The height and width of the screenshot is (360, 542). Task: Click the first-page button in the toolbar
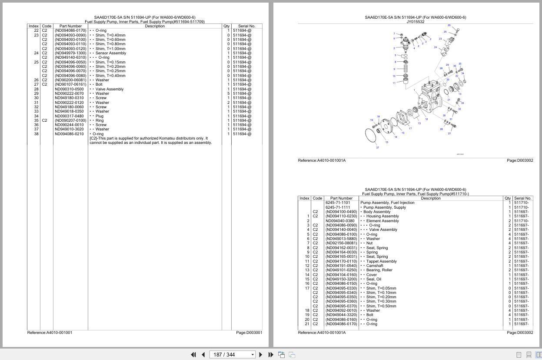pos(193,355)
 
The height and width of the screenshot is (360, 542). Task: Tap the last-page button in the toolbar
pos(271,355)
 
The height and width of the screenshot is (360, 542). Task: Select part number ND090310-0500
pos(69,89)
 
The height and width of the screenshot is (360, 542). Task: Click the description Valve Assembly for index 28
pos(109,89)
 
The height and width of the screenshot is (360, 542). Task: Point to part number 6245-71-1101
pos(338,203)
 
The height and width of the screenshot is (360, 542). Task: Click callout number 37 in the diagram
pos(377,147)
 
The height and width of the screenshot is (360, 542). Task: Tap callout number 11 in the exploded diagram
pos(394,83)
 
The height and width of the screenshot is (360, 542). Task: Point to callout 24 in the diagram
pos(435,47)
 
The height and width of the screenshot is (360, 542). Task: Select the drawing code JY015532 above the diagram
pos(415,22)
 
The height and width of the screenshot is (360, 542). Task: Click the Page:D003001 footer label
pos(249,333)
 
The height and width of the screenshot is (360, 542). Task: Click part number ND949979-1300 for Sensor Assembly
pos(70,53)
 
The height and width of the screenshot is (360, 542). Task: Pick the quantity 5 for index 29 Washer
pos(228,93)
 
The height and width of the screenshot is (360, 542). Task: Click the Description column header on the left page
pos(155,26)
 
